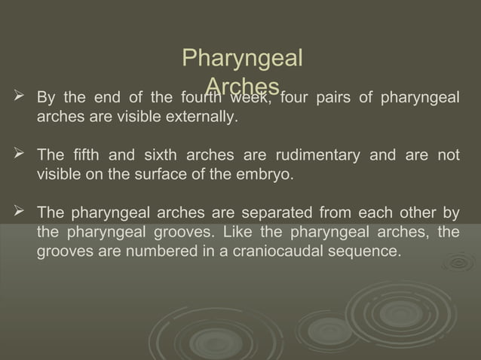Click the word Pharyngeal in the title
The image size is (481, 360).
click(x=243, y=58)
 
